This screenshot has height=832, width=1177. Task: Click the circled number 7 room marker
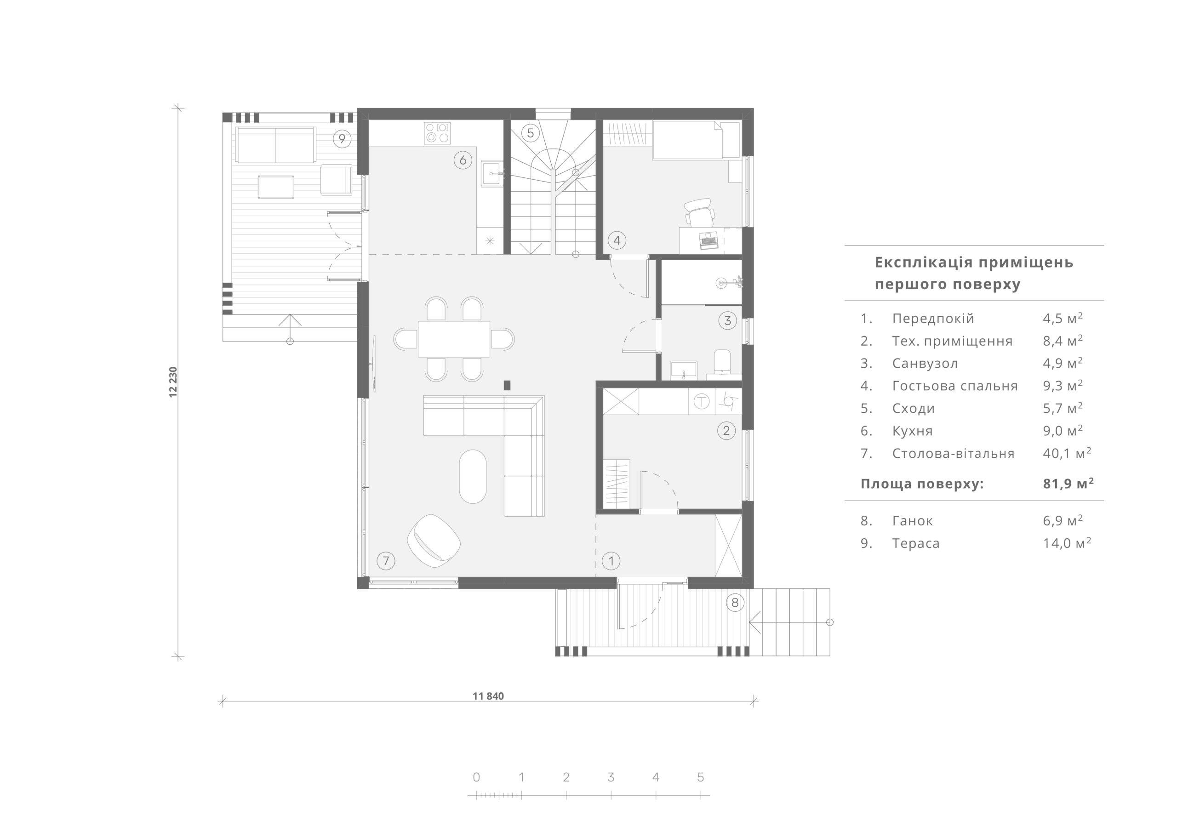click(386, 561)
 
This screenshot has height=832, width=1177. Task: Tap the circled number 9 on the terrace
click(342, 138)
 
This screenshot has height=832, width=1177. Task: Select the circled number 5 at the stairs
click(531, 133)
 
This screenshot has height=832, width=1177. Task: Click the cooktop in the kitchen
click(437, 132)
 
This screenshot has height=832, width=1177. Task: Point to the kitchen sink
click(492, 174)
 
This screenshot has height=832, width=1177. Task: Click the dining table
click(454, 339)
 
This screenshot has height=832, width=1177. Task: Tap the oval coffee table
click(473, 477)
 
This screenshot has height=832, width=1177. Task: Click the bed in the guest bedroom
click(687, 139)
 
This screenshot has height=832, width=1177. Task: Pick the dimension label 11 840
click(488, 696)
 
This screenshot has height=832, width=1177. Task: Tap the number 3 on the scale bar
click(611, 777)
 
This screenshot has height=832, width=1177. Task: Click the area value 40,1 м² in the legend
click(1067, 453)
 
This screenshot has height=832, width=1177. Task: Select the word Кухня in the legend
click(913, 431)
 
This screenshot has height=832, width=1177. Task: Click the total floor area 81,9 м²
click(1068, 484)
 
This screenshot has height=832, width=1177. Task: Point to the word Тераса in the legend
click(916, 543)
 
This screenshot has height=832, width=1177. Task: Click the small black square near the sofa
click(508, 385)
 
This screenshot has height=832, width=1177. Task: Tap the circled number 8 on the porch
click(735, 603)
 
